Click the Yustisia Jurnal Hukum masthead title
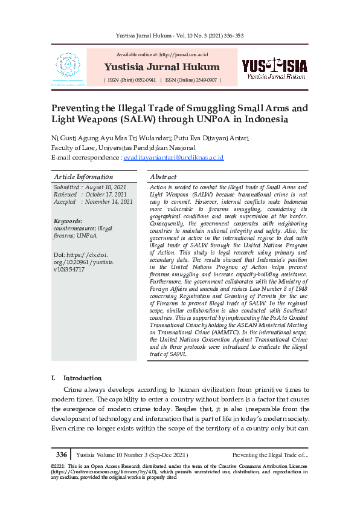pyautogui.click(x=161, y=66)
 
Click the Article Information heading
pyautogui.click(x=83, y=177)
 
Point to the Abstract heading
pyautogui.click(x=163, y=177)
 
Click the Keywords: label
pyautogui.click(x=68, y=221)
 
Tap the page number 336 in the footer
pyautogui.click(x=62, y=455)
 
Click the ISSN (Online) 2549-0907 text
pyautogui.click(x=190, y=80)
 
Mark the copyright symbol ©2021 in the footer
pyautogui.click(x=59, y=467)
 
